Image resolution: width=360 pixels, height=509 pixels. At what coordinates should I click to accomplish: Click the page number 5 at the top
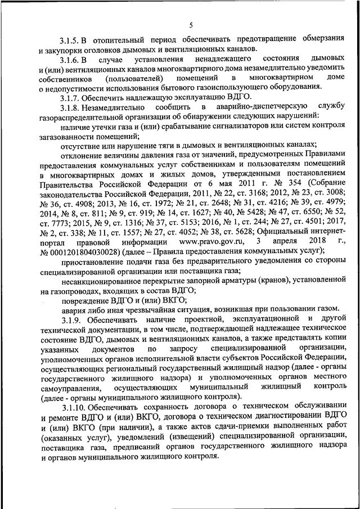[x=190, y=24]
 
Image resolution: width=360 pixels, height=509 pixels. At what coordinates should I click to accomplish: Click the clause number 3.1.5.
[x=71, y=39]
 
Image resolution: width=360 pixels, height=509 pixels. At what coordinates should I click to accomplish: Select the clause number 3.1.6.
[x=71, y=58]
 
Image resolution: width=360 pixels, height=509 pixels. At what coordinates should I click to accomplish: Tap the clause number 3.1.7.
[x=71, y=96]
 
